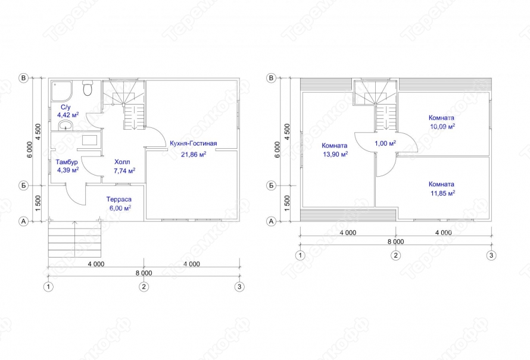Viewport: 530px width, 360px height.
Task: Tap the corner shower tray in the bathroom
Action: tap(61, 91)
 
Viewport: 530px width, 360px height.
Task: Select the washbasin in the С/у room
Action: tap(66, 126)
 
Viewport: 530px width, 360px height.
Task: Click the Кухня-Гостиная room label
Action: tap(194, 143)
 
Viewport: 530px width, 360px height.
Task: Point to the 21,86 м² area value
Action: tap(194, 154)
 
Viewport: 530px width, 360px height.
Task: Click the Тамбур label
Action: tap(67, 162)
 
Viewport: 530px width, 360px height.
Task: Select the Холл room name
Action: tap(122, 162)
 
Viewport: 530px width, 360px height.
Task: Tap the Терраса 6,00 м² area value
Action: tap(120, 208)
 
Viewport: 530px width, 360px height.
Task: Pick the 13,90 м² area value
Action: tap(335, 154)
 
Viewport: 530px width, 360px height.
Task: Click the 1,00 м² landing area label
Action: tap(385, 143)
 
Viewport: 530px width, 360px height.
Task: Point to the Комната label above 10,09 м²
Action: tap(441, 118)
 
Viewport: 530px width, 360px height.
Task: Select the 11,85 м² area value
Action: tap(442, 193)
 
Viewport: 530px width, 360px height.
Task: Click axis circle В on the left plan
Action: tap(23, 78)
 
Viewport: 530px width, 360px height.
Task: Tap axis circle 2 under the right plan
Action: tap(396, 255)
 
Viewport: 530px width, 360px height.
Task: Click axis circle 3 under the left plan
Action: tap(239, 287)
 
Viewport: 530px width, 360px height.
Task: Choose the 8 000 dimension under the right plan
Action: tap(395, 242)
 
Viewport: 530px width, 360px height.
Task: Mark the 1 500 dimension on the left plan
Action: tap(38, 204)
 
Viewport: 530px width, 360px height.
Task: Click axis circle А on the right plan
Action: tap(271, 221)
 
